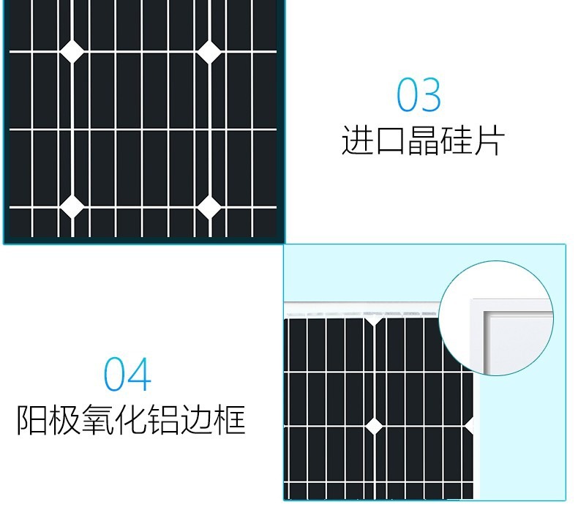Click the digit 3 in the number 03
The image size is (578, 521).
[431, 96]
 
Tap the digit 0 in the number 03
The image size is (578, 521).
[408, 96]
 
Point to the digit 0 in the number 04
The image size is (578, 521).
[116, 375]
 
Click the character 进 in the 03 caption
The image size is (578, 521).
[356, 140]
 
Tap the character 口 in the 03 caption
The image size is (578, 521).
[389, 140]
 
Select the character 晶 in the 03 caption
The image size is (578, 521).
[423, 140]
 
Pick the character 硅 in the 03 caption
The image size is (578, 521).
[456, 140]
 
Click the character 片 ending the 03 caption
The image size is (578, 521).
[489, 140]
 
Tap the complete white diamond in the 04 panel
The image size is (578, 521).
[374, 426]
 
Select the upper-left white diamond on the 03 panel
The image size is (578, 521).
[72, 50]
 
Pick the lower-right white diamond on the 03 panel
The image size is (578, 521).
[209, 207]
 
